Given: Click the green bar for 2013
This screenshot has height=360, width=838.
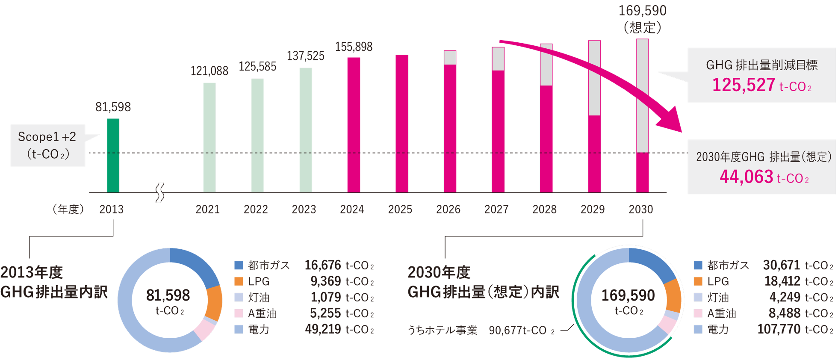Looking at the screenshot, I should tap(113, 156).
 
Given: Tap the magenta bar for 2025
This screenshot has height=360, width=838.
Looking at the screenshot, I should tap(401, 124).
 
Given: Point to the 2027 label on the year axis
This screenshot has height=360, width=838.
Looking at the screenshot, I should tap(496, 210).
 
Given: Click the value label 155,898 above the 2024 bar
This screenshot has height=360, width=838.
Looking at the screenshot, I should tap(354, 47).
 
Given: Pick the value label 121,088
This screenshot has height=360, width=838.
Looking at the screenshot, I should tap(209, 71).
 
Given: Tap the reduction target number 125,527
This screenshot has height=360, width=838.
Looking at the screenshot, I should tap(744, 85).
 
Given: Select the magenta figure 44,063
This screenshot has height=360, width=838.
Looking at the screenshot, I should tap(746, 177).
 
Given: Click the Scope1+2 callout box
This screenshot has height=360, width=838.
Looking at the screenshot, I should tap(47, 145).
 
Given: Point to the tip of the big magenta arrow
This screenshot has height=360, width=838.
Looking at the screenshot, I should tap(680, 130).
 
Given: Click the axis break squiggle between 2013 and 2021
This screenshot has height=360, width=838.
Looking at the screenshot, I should tap(160, 193).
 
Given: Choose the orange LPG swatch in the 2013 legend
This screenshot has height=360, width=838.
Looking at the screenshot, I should tap(239, 281).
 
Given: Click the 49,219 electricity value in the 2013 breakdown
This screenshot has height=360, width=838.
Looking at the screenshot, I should tap(323, 329).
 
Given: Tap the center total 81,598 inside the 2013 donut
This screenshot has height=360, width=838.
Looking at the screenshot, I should tap(168, 295).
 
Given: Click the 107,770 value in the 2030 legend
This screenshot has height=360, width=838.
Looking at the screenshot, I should tap(779, 329).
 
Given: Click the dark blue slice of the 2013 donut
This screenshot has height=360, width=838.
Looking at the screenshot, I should tap(197, 265).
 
